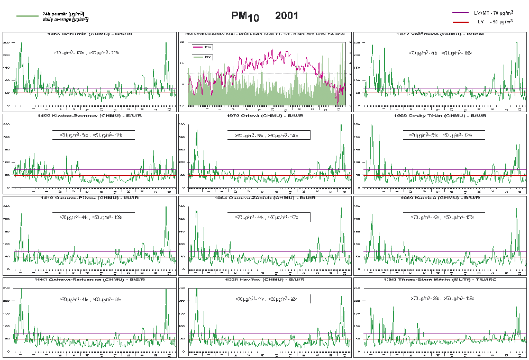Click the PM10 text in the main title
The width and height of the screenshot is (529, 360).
coord(245,17)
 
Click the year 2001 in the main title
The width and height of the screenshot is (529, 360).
coord(287,16)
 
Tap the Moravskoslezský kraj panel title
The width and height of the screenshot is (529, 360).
coord(264,34)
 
